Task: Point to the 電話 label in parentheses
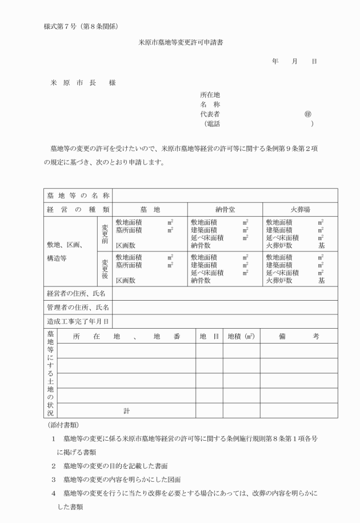coord(213,123)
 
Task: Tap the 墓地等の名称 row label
coord(78,195)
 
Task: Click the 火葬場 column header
coord(300,210)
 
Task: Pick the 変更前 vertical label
coord(105,233)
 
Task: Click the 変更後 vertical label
coord(105,268)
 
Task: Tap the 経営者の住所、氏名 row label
coord(78,293)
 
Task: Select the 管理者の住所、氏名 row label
coord(78,308)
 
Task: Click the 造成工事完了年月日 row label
coord(78,322)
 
